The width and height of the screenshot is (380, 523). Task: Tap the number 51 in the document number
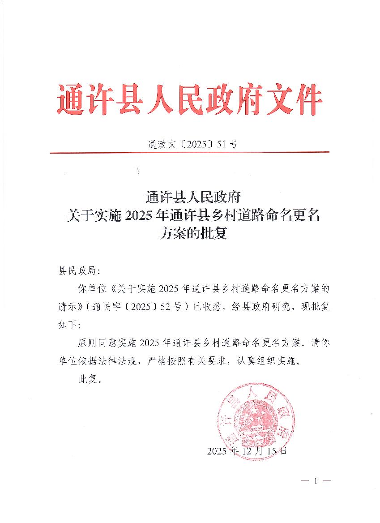pos(221,144)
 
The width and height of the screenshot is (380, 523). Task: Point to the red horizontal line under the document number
pos(189,152)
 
